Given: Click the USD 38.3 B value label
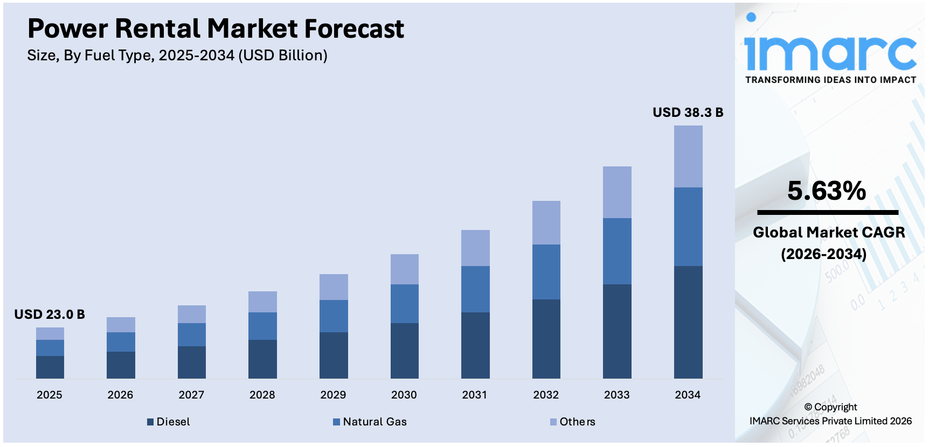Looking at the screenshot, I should tap(688, 113).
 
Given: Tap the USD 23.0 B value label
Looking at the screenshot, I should tap(50, 315).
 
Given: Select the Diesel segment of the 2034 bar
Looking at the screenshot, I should tap(688, 322).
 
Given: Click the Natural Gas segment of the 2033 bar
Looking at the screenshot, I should tap(617, 251).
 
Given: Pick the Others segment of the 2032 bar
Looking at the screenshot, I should tap(546, 222).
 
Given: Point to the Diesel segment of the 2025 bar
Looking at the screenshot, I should tap(50, 367).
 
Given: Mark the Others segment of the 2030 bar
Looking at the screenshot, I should tap(404, 269).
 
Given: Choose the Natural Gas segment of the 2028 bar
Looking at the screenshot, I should tap(262, 326).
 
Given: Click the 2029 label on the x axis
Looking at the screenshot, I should tap(333, 395).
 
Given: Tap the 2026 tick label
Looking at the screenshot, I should tap(120, 395).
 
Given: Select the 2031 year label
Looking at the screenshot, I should tap(475, 395).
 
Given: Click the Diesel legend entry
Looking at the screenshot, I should tap(169, 422).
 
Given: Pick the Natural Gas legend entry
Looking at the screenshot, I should tap(370, 422).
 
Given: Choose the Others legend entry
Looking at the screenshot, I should tap(573, 422).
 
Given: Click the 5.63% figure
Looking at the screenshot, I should tap(827, 191).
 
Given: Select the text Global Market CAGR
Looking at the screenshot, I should tap(829, 232).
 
